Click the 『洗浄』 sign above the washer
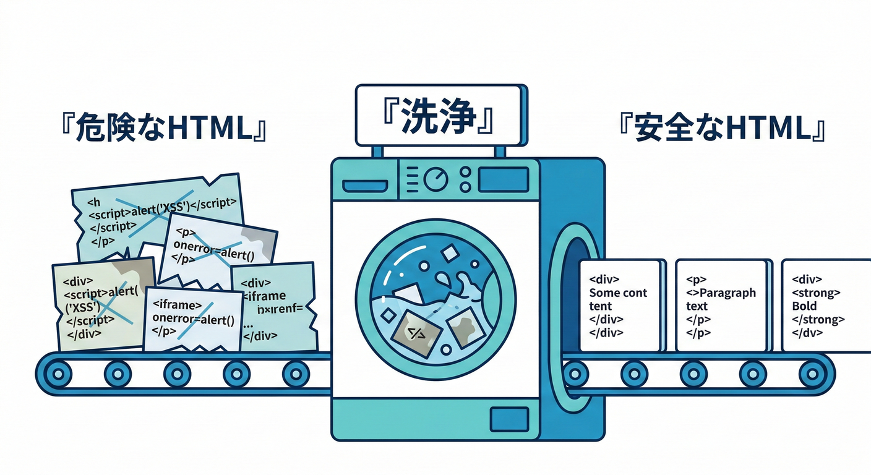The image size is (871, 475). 439,116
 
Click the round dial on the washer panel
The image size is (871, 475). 436,179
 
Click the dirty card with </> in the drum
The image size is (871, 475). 416,333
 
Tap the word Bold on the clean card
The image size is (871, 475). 804,306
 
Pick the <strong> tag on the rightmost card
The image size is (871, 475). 816,293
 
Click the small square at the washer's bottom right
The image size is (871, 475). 508,419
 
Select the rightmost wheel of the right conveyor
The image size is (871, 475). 812,373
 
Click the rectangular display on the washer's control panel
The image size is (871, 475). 503,179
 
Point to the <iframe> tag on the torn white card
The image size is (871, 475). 176,306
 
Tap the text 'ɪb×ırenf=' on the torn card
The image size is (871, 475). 275,309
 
